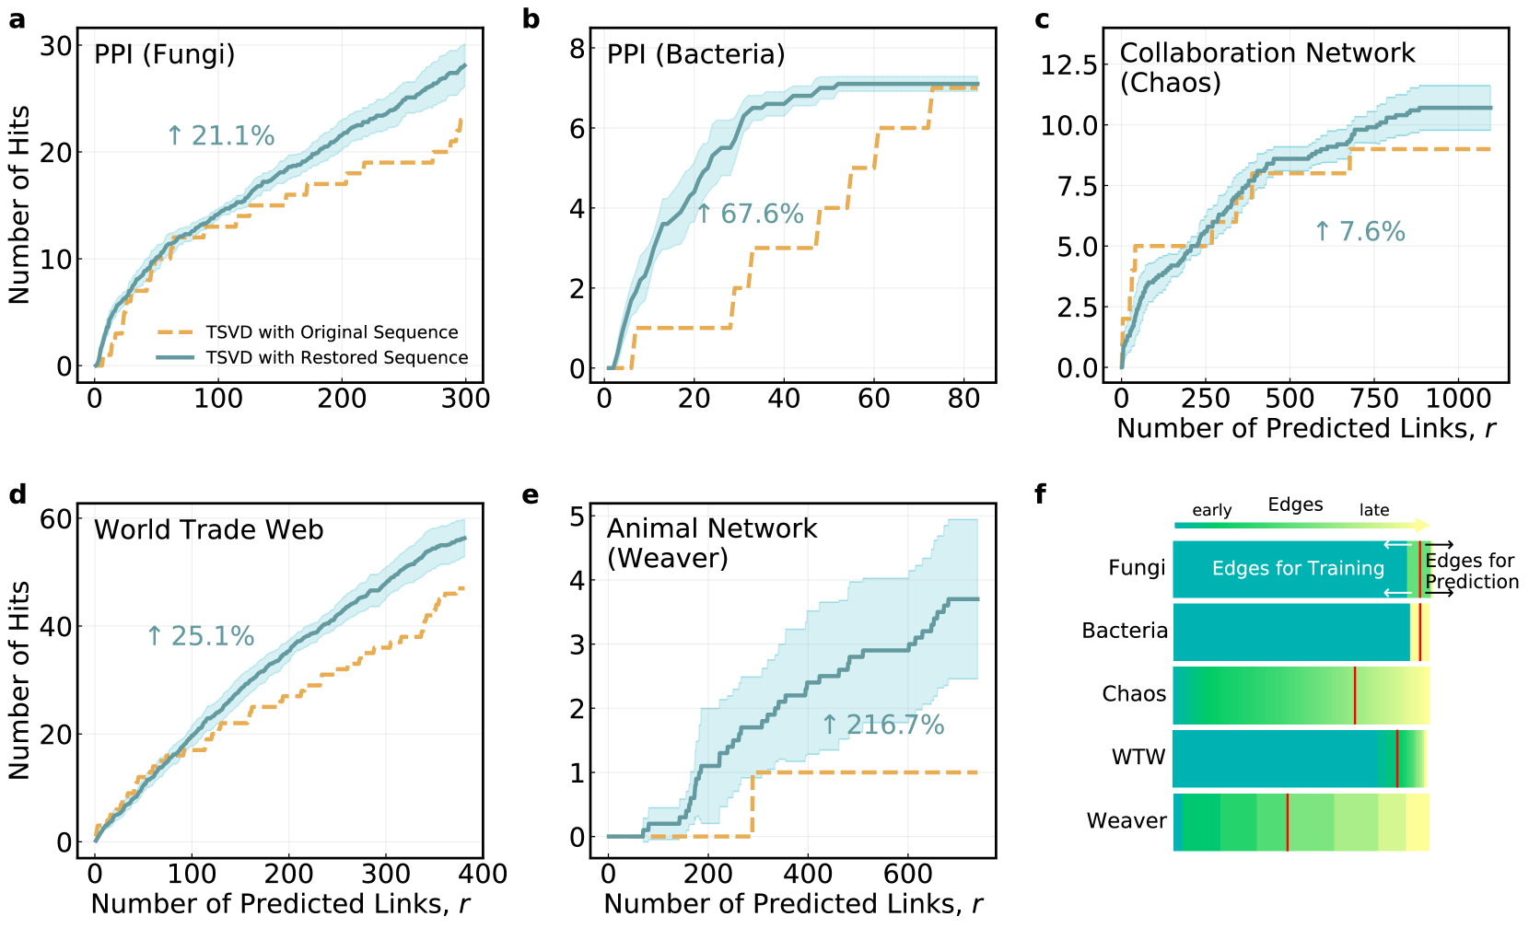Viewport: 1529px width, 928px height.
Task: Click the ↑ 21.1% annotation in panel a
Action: click(x=221, y=136)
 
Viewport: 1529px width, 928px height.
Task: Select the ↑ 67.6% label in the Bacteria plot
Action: click(x=750, y=215)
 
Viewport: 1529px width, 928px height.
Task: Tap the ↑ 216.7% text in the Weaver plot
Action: click(x=883, y=725)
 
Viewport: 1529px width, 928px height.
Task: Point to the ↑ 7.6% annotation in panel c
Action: click(x=1360, y=232)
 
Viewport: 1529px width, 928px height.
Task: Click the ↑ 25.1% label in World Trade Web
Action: click(x=201, y=636)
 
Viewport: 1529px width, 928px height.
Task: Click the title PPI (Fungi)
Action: click(x=165, y=54)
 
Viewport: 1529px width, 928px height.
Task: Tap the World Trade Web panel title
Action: click(x=209, y=530)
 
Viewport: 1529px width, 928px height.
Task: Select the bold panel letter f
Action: click(x=1041, y=494)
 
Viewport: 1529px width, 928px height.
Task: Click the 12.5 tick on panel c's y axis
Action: click(x=1068, y=65)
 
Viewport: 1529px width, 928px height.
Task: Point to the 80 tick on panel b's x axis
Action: click(x=963, y=399)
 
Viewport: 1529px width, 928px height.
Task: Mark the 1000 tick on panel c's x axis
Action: click(x=1458, y=399)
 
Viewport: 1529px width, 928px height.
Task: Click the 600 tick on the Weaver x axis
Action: click(x=908, y=874)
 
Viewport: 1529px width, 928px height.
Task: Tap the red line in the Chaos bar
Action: click(x=1355, y=695)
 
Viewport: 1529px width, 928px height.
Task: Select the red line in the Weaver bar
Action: click(x=1287, y=822)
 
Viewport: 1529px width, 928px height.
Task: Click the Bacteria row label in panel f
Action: click(x=1125, y=631)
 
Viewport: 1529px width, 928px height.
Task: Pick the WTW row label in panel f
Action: click(x=1138, y=758)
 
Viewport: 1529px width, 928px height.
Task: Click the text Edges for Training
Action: click(x=1298, y=569)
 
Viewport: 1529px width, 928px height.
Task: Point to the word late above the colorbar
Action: click(x=1374, y=510)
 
